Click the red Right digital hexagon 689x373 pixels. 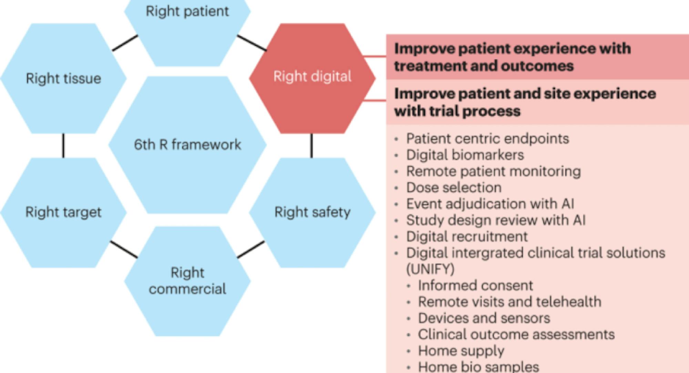312,78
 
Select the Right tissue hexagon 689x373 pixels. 63,78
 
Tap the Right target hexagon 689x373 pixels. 63,212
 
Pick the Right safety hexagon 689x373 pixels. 312,212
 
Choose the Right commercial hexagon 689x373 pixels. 187,281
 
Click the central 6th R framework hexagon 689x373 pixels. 187,145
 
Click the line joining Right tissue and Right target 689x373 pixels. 63,146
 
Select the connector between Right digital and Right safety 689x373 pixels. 311,146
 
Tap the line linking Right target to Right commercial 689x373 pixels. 124,249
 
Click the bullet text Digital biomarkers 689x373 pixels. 465,155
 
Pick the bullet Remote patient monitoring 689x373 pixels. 493,171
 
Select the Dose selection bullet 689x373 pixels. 454,188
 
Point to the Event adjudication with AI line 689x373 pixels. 490,204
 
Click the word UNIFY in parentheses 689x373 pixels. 431,269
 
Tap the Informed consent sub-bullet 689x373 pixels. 475,285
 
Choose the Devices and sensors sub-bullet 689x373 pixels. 484,318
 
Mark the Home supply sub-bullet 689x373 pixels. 461,351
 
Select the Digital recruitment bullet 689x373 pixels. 467,236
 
